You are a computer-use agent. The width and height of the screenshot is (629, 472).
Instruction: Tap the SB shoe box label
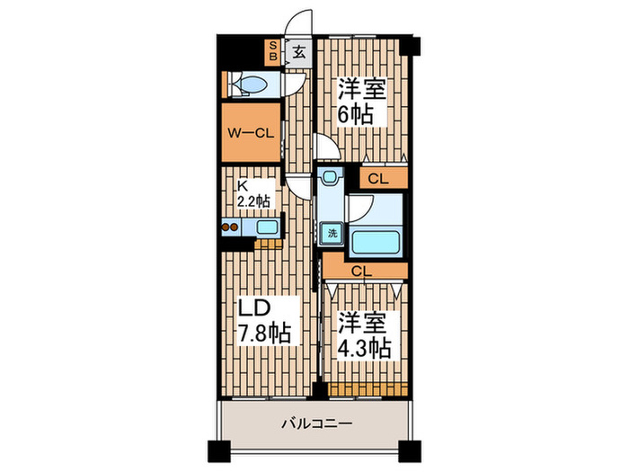[x=273, y=50]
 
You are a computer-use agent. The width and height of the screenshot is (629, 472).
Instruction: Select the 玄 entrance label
[x=298, y=52]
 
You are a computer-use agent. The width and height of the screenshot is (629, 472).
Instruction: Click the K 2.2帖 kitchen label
[x=252, y=195]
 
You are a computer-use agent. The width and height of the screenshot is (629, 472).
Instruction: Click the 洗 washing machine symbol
[x=332, y=233]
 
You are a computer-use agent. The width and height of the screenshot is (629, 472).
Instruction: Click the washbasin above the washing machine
[x=331, y=178]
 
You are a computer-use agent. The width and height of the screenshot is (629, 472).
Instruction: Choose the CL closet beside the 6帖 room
[x=378, y=178]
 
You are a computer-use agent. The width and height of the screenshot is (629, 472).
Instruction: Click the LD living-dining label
[x=254, y=308]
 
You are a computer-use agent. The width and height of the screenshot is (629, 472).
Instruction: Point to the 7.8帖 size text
[x=264, y=334]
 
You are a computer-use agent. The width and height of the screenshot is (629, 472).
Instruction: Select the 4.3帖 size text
[x=364, y=348]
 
